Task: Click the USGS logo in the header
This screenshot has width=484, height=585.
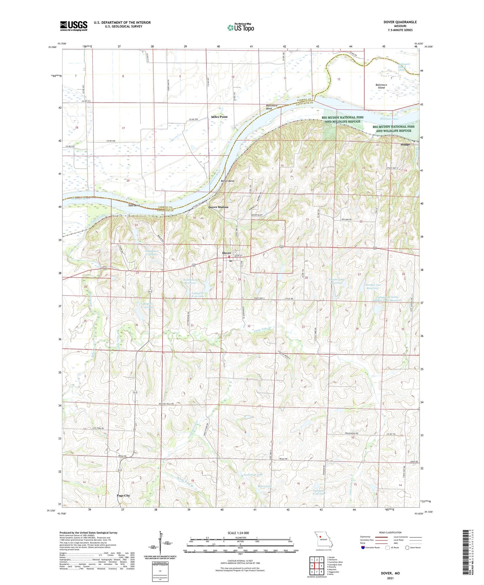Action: (x=73, y=26)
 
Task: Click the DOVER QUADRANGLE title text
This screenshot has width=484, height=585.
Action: (x=400, y=22)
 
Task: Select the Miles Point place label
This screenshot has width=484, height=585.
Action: (x=219, y=117)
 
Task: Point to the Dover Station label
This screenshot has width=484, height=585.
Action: (x=218, y=207)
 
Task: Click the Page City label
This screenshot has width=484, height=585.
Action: (x=123, y=496)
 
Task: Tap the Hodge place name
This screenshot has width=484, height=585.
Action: (x=405, y=144)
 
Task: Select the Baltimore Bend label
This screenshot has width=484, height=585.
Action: (x=271, y=107)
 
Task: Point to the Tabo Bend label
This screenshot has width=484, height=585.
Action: (x=134, y=205)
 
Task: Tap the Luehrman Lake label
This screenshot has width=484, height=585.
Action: (x=253, y=474)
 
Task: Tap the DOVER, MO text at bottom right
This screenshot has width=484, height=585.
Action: (x=390, y=573)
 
